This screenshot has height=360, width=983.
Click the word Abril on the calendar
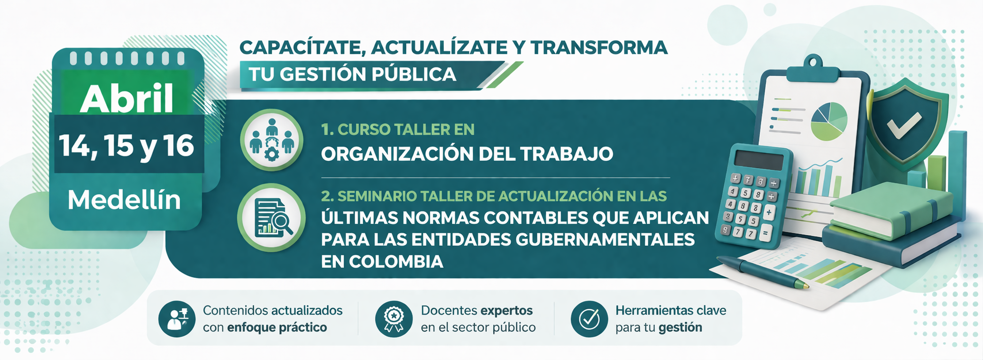tap(127, 99)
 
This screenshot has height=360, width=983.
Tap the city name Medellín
tap(124, 200)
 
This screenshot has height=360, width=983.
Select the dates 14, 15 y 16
tap(127, 145)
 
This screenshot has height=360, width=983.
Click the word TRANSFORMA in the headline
tap(598, 47)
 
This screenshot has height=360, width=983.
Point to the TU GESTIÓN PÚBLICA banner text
tap(352, 74)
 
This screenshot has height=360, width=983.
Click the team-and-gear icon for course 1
tap(272, 140)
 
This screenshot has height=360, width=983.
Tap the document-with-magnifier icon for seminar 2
tap(272, 218)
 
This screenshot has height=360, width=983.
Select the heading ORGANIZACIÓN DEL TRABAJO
tap(467, 154)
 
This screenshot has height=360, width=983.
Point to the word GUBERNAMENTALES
tap(605, 240)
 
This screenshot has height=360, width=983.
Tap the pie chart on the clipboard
tap(828, 121)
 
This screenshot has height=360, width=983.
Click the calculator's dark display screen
tap(758, 160)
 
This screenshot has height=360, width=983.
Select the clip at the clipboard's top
tap(813, 69)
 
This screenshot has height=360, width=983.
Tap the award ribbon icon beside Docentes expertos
tap(394, 319)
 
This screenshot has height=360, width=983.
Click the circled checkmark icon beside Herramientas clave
tap(589, 319)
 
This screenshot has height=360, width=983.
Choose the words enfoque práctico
tap(277, 327)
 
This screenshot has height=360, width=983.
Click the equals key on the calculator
tap(765, 233)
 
